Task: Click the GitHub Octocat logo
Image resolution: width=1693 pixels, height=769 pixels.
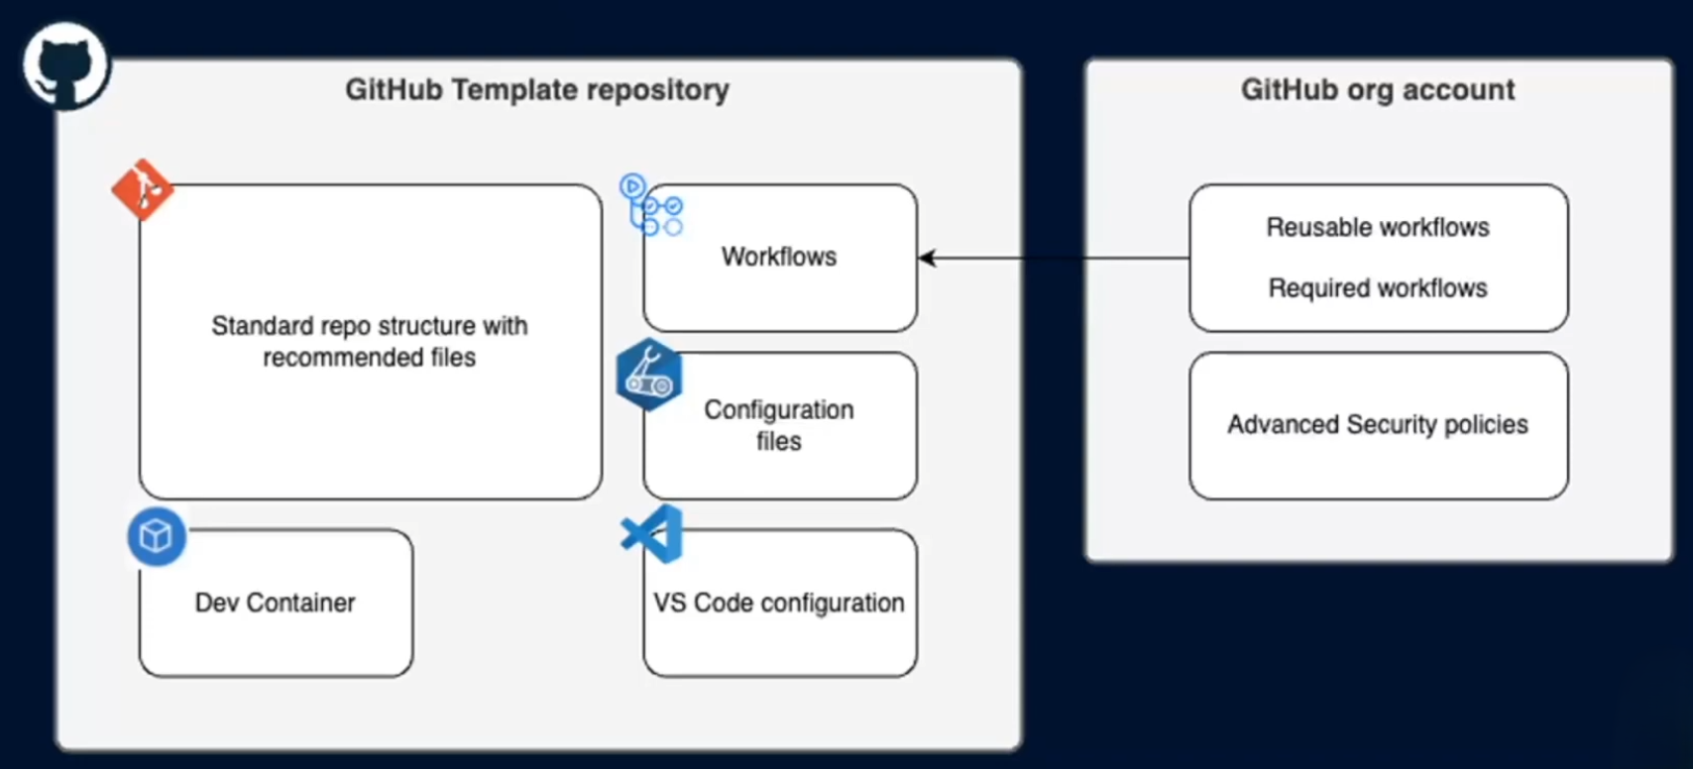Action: (65, 65)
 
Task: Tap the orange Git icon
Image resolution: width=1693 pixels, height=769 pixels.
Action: (143, 188)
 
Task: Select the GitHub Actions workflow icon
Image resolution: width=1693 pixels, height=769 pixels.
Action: (651, 205)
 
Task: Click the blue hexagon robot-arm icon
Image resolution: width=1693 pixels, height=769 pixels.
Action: (649, 375)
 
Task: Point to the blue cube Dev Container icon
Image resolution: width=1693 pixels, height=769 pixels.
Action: (157, 537)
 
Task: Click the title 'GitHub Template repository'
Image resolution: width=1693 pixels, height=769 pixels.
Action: (536, 90)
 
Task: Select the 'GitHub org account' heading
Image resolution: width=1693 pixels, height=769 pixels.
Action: (1378, 90)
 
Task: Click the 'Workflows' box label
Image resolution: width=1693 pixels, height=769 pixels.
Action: (779, 257)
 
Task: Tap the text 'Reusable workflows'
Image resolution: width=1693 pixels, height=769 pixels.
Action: (1378, 227)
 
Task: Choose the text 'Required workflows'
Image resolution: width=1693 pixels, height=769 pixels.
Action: (1378, 288)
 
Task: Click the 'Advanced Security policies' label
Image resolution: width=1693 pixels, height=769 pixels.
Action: (1378, 425)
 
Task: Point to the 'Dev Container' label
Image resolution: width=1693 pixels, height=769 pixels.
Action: (275, 603)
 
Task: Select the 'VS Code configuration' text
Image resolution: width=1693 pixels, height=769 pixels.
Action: (779, 603)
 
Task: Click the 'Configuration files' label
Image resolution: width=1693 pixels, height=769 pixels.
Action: (779, 425)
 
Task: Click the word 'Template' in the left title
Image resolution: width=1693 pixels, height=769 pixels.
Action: (514, 90)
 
